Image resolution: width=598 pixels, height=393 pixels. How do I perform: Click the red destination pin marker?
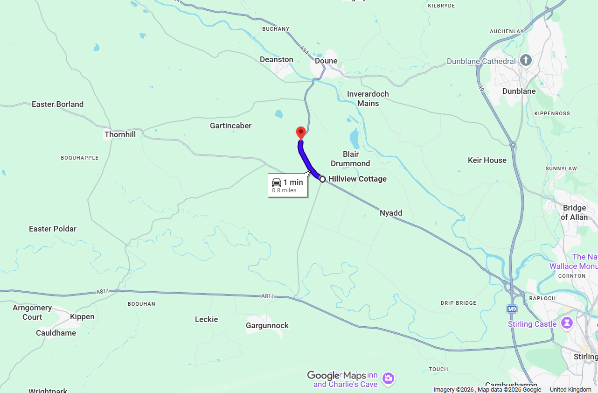pyautogui.click(x=301, y=132)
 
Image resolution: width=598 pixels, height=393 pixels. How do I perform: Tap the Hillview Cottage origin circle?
pyautogui.click(x=322, y=179)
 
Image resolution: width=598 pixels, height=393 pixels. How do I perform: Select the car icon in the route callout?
pyautogui.click(x=277, y=182)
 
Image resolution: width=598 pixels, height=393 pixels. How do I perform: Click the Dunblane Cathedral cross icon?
pyautogui.click(x=526, y=60)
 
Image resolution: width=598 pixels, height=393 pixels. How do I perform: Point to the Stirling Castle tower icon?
pyautogui.click(x=568, y=323)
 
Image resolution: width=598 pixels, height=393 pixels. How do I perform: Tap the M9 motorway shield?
pyautogui.click(x=512, y=309)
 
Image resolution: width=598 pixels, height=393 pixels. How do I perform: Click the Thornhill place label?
pyautogui.click(x=120, y=134)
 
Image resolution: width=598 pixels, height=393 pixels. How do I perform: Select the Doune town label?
pyautogui.click(x=326, y=61)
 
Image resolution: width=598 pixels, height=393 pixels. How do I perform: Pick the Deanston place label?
pyautogui.click(x=277, y=59)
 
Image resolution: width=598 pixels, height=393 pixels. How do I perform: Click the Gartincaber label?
pyautogui.click(x=230, y=126)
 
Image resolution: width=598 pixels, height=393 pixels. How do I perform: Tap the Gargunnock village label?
pyautogui.click(x=267, y=325)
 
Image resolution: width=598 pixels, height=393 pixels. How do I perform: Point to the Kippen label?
pyautogui.click(x=82, y=316)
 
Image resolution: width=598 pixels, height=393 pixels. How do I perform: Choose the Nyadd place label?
pyautogui.click(x=391, y=213)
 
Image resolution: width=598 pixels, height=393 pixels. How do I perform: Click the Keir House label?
pyautogui.click(x=487, y=160)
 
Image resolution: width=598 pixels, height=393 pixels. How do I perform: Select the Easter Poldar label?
pyautogui.click(x=53, y=229)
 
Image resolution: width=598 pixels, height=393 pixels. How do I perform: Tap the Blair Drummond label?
pyautogui.click(x=350, y=159)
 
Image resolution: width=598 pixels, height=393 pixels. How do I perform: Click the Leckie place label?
pyautogui.click(x=207, y=319)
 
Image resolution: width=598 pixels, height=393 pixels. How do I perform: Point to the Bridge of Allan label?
pyautogui.click(x=574, y=212)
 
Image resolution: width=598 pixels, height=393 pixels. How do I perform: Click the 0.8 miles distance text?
pyautogui.click(x=284, y=190)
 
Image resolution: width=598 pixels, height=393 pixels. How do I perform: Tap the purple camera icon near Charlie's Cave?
pyautogui.click(x=388, y=379)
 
